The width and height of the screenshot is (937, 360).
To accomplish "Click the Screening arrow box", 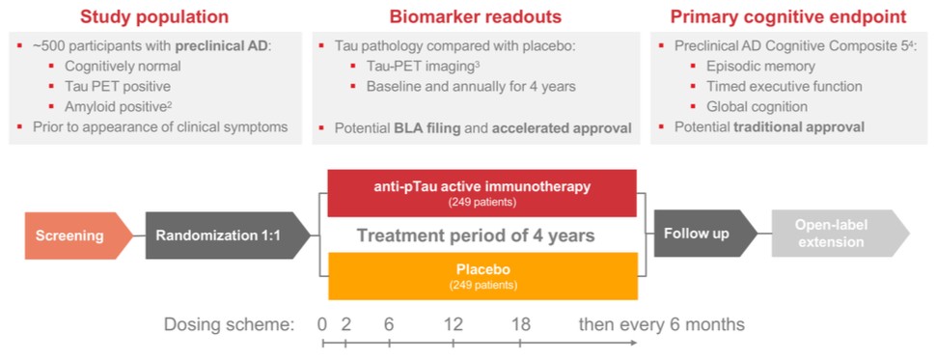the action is point(79,235).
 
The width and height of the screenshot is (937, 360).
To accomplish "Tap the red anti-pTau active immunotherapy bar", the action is point(482,193).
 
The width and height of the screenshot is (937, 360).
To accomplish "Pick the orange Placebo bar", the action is point(482,276).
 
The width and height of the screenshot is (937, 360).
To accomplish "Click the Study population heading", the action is point(154,16).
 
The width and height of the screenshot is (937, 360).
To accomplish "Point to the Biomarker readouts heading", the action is point(476,16).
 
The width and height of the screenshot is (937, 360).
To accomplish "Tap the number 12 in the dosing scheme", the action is point(454,324).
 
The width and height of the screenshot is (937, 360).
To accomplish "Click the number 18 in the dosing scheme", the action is point(520,324).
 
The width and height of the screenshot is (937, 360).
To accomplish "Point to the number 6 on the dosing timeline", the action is point(389,324).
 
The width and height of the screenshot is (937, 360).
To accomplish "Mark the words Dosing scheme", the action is point(230,325).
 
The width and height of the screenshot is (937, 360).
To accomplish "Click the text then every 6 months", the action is point(662,325).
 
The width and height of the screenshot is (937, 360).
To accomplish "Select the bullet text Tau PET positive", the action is point(118,86).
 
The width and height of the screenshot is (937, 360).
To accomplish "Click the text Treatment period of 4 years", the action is point(476,235).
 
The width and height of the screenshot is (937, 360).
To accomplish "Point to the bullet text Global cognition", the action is point(758,106).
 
